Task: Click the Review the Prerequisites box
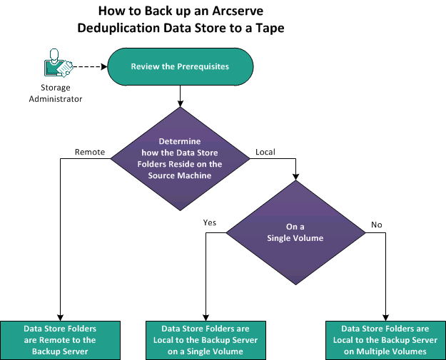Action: click(180, 66)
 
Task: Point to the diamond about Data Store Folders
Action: click(180, 158)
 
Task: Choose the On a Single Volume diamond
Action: click(295, 232)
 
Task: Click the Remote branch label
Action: click(90, 152)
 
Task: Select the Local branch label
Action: click(265, 152)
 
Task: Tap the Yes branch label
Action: click(210, 222)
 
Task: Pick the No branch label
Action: click(377, 225)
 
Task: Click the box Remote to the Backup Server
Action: click(60, 334)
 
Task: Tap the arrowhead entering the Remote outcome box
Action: click(60, 317)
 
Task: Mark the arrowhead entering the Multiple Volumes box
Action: click(385, 317)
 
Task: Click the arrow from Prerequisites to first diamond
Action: click(180, 94)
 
